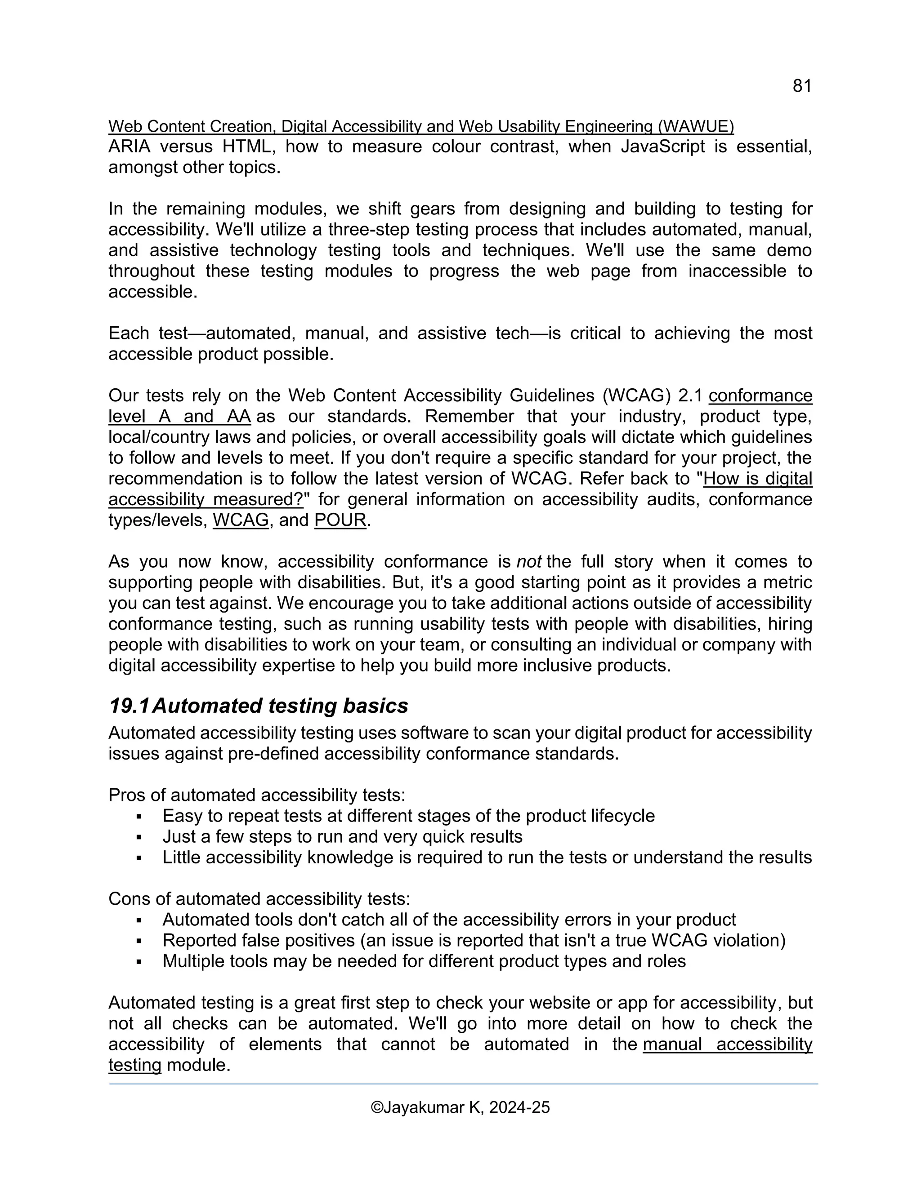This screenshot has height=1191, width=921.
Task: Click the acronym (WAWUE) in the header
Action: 696,127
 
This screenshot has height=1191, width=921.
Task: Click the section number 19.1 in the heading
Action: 130,706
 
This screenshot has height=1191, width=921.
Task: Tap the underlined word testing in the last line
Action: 135,1065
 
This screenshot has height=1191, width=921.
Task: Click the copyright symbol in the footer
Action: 376,1107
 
